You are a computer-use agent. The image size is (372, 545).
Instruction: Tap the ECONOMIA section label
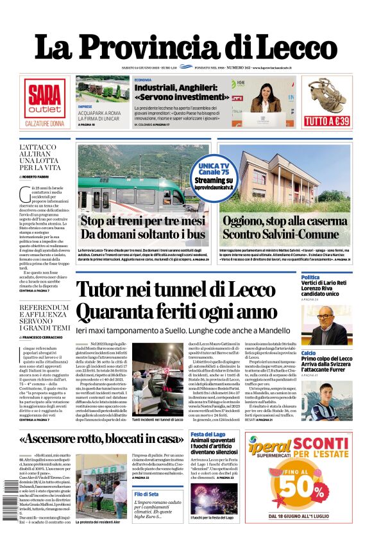tap(143, 80)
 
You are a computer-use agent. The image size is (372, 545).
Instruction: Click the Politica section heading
tap(310, 277)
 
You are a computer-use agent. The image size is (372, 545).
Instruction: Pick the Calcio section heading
tap(309, 353)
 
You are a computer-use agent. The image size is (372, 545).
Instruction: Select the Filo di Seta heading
tap(147, 494)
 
